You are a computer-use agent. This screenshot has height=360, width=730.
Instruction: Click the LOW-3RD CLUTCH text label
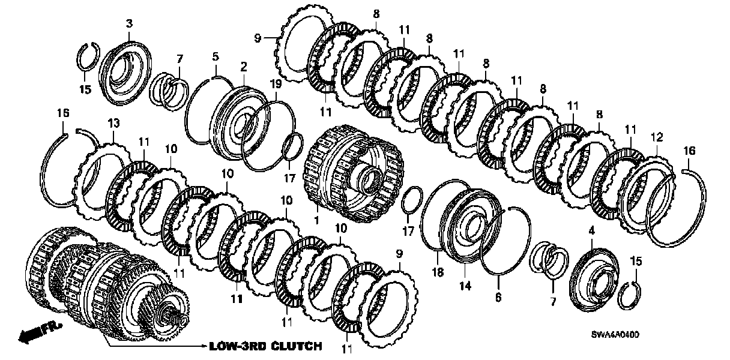tap(265, 346)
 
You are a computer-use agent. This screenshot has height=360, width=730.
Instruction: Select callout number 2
tap(244, 65)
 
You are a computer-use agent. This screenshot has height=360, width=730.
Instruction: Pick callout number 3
tap(129, 24)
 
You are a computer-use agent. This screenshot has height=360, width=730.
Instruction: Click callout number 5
tap(215, 58)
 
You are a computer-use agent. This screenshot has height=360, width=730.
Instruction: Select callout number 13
tap(114, 123)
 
